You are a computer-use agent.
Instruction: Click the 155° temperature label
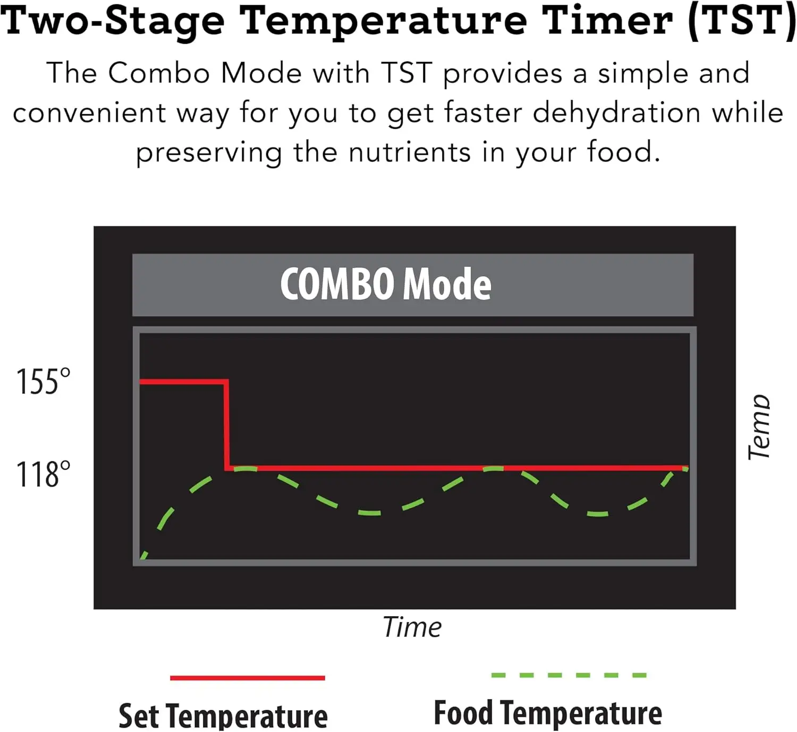click(x=43, y=381)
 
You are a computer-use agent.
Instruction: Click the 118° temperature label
click(x=43, y=474)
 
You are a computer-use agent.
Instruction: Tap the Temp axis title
click(x=758, y=427)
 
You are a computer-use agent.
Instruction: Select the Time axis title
click(x=412, y=627)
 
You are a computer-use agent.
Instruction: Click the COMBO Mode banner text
click(x=386, y=284)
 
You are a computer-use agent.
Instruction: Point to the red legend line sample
click(x=248, y=678)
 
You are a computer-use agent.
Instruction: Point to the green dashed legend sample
click(x=569, y=675)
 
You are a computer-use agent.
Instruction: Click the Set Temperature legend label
click(x=223, y=716)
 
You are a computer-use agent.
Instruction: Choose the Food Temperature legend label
click(x=548, y=713)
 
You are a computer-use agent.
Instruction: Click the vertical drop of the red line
click(x=226, y=425)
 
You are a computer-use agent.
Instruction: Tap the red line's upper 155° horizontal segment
click(x=183, y=382)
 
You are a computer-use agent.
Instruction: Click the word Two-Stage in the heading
click(x=113, y=21)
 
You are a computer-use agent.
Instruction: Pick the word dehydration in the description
click(x=616, y=113)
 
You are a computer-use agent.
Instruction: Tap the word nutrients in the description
click(x=410, y=153)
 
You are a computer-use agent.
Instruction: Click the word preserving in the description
click(x=209, y=154)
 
